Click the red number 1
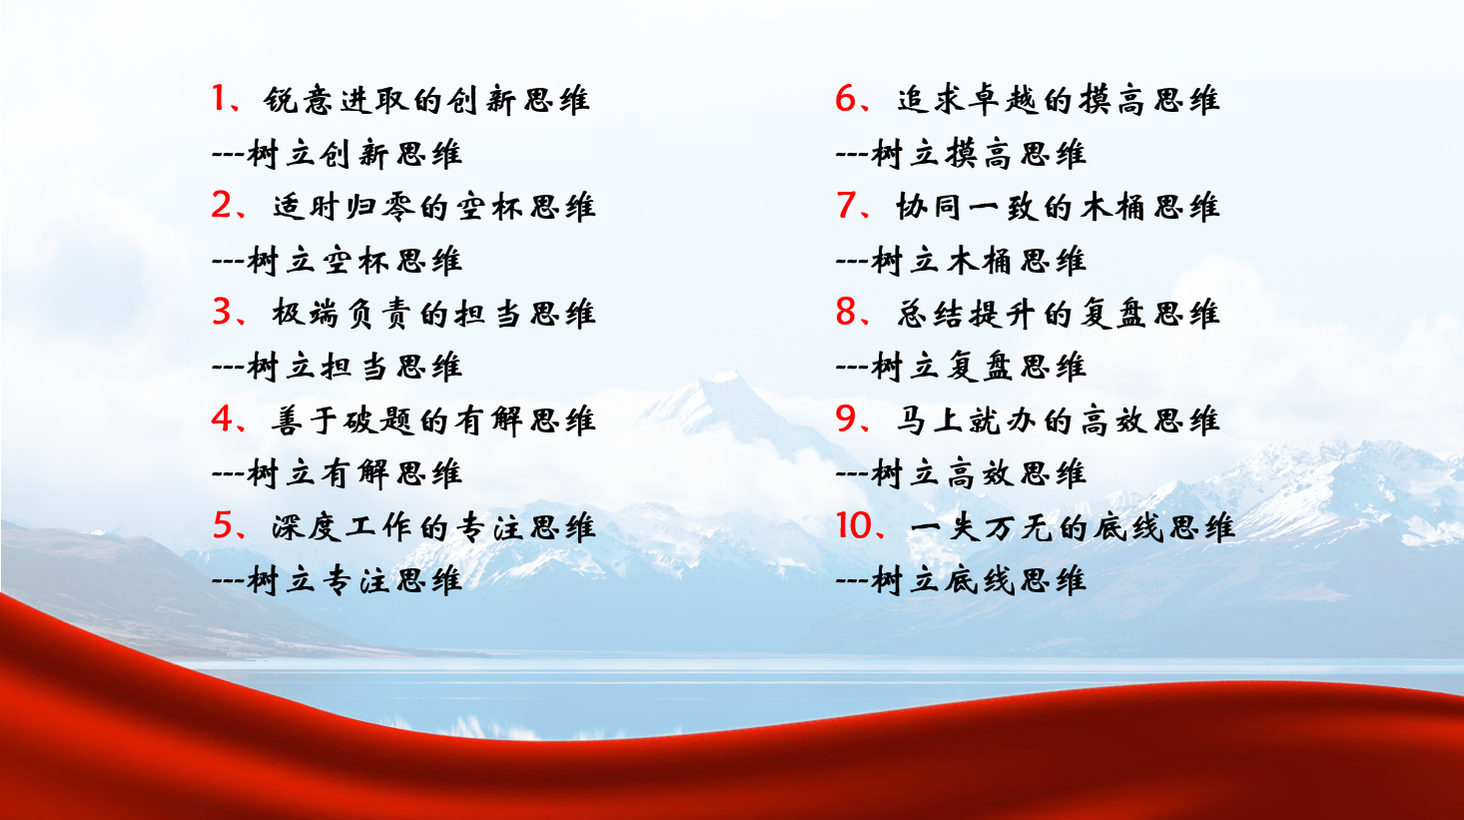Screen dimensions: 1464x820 point(219,98)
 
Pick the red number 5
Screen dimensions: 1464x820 point(222,525)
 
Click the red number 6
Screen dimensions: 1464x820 point(845,98)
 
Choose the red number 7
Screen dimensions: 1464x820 point(845,206)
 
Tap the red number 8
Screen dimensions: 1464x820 point(845,312)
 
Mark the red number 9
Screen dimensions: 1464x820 point(845,418)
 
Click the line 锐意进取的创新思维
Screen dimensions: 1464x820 point(426,100)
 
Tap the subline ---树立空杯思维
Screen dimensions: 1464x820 point(338,261)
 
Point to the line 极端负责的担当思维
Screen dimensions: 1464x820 point(434,314)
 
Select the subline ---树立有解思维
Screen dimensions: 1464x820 point(338,474)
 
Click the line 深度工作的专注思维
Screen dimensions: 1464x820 point(434,527)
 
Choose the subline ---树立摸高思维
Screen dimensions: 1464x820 point(961,155)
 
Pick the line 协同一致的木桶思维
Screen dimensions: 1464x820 point(1058,207)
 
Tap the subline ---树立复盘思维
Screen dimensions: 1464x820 point(961,367)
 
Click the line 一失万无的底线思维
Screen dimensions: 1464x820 point(1072,527)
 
